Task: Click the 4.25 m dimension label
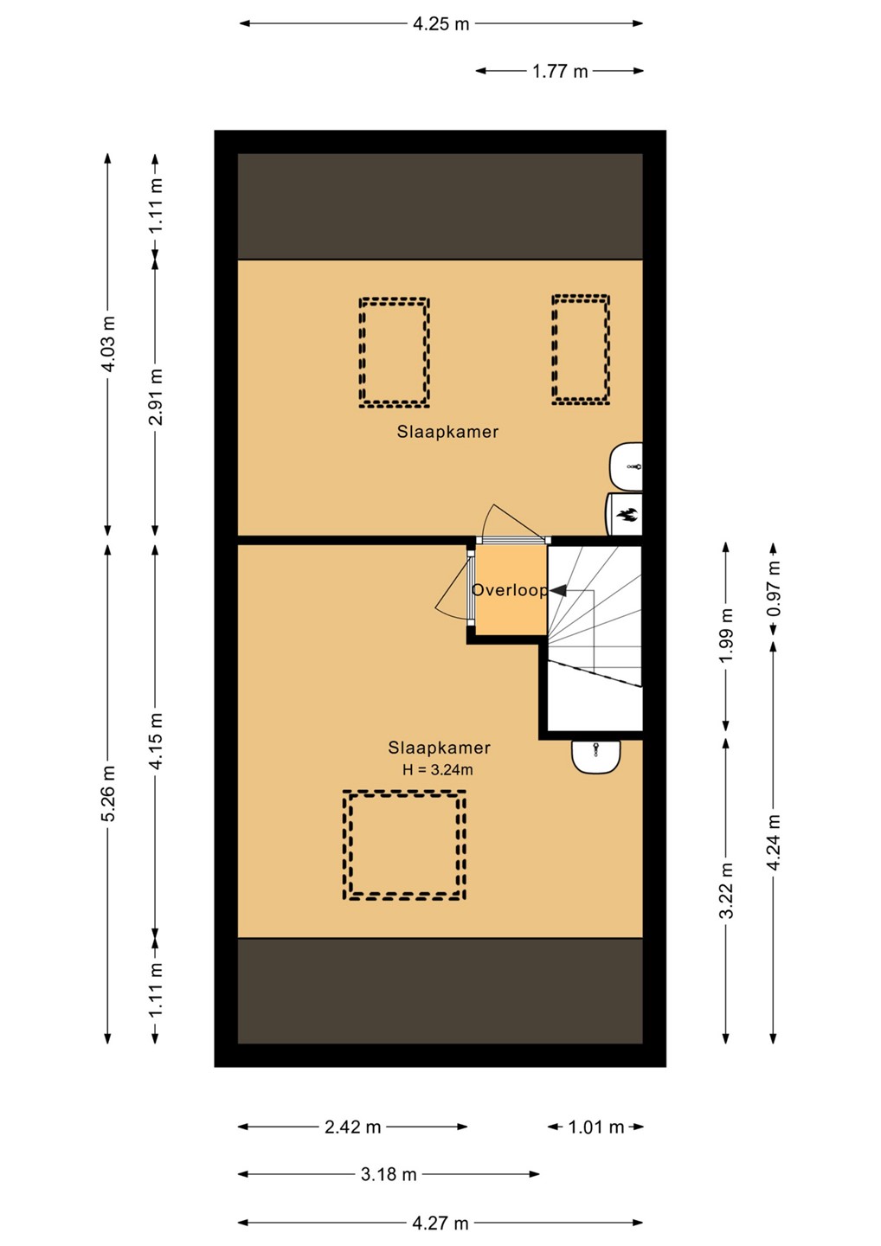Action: [x=440, y=24]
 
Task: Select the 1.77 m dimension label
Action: [x=560, y=71]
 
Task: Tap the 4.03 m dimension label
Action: [x=108, y=344]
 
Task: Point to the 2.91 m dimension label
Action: [x=156, y=396]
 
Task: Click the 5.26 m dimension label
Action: [x=108, y=793]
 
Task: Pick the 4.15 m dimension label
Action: [x=156, y=741]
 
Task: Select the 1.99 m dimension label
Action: [x=726, y=635]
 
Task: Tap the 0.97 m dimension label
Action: [x=774, y=588]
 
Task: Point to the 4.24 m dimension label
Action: [x=774, y=842]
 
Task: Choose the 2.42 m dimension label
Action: [x=352, y=1127]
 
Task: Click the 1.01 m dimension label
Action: [x=595, y=1127]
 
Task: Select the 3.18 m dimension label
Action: [x=389, y=1175]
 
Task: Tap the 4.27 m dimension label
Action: [x=440, y=1223]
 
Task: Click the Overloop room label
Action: [x=510, y=590]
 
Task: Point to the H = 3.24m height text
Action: [x=438, y=770]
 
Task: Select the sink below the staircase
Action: [x=595, y=756]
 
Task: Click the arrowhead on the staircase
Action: [x=558, y=590]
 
